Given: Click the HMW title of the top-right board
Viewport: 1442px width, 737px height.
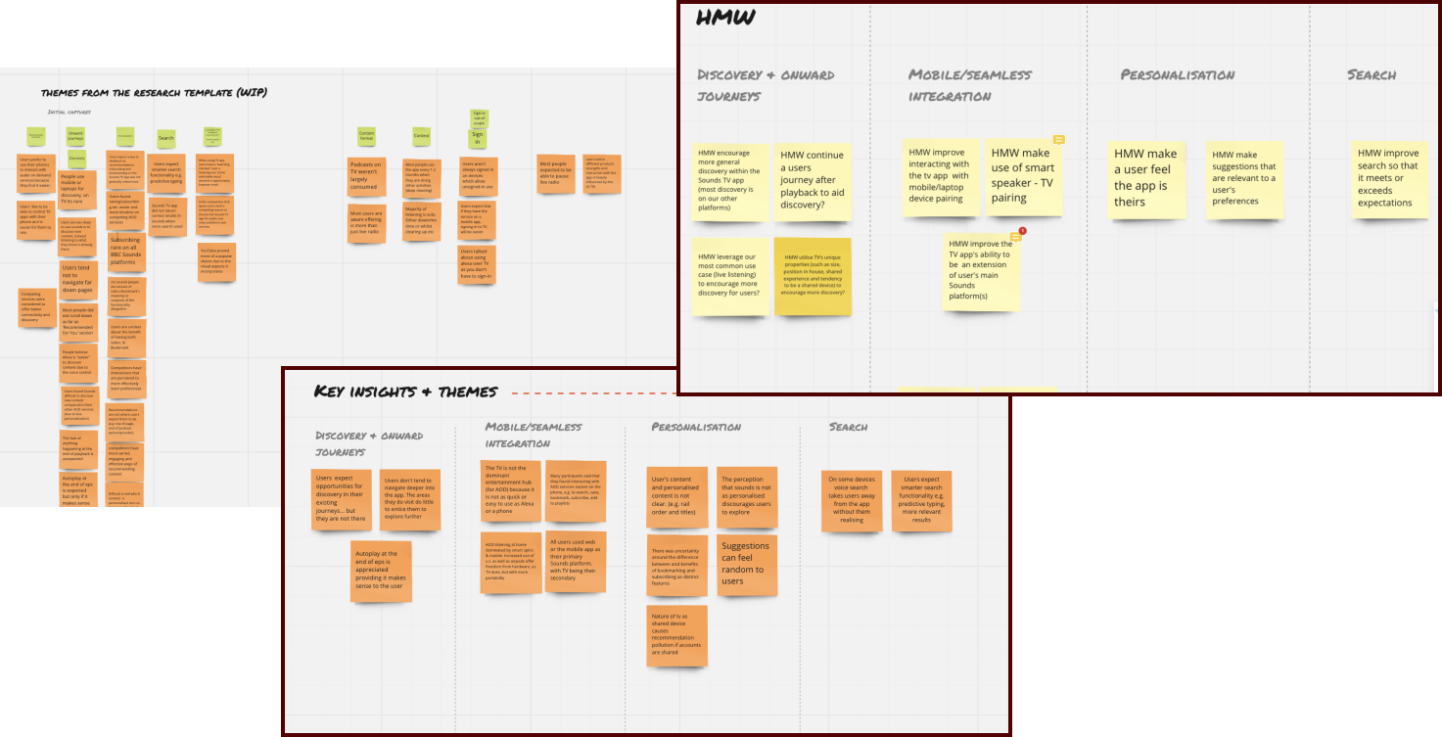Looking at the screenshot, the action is [x=724, y=18].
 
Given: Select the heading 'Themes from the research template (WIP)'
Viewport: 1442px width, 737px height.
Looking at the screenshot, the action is [x=154, y=93].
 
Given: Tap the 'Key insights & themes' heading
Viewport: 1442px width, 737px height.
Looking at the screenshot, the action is [x=405, y=392].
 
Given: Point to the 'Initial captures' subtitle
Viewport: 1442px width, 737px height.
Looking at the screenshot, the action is [x=70, y=112].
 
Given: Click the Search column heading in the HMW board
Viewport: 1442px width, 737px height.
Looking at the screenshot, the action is [x=1372, y=74].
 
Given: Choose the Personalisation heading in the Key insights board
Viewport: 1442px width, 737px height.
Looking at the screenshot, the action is [x=696, y=427].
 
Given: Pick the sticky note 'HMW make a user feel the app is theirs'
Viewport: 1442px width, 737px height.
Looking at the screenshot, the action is [x=1146, y=178].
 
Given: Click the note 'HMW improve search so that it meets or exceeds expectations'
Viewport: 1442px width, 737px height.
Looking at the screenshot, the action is [x=1387, y=178].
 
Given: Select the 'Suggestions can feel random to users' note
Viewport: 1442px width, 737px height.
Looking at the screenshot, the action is [x=746, y=565].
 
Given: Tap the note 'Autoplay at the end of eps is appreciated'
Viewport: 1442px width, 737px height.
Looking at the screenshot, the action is [x=381, y=571].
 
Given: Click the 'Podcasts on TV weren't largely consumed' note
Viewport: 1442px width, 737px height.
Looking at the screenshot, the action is [x=367, y=174].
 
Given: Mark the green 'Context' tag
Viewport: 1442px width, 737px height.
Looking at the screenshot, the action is [x=421, y=136].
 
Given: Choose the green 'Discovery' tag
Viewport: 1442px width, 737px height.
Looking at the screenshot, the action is [x=77, y=158].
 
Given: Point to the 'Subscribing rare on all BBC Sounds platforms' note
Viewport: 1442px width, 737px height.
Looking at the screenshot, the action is [x=125, y=252].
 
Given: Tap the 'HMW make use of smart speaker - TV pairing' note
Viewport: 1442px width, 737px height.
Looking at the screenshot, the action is [x=1022, y=176].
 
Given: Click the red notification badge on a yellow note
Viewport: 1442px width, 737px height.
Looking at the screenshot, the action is [x=1022, y=231].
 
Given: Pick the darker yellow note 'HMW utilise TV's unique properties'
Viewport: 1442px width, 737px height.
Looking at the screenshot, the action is [x=813, y=276].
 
